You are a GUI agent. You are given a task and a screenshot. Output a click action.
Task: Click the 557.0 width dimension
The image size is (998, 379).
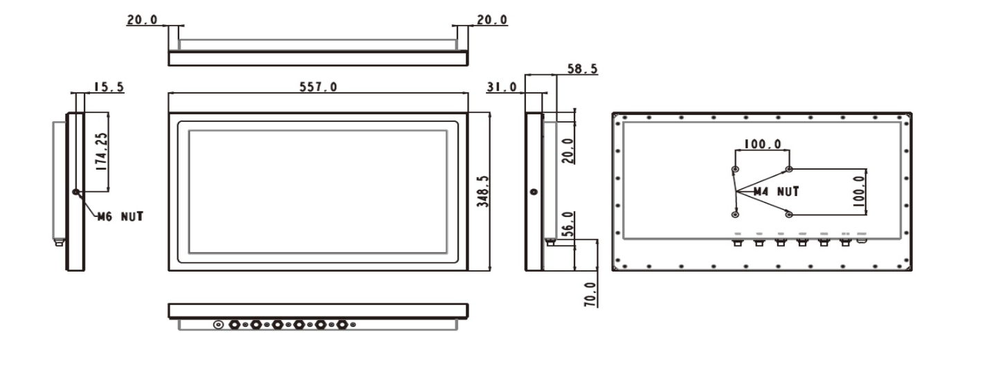tap(318, 87)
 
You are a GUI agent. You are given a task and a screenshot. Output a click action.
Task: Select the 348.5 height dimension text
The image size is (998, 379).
tap(484, 191)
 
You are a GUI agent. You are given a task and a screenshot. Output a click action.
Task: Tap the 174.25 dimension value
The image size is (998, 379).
tap(100, 153)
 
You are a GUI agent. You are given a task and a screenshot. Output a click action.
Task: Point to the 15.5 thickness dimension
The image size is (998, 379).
tap(109, 87)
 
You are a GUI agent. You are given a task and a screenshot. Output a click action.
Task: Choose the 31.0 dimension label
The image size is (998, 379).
tap(502, 87)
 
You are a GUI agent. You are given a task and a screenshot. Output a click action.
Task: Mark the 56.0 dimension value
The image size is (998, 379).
tap(566, 224)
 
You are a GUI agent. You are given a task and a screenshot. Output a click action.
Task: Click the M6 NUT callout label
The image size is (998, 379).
tap(120, 216)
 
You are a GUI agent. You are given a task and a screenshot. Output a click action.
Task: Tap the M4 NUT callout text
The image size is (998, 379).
tap(776, 191)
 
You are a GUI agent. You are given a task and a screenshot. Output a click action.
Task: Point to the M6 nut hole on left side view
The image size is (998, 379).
tap(75, 191)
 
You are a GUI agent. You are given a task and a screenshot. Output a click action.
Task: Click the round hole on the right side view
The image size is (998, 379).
tap(534, 192)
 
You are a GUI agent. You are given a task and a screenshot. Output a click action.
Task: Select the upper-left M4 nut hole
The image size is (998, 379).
tap(735, 169)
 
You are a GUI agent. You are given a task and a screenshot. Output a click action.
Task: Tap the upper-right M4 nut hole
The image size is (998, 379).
tap(789, 169)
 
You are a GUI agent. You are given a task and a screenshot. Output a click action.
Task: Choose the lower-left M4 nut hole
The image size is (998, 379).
tap(735, 213)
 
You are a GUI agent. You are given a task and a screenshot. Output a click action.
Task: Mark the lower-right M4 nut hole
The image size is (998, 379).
tap(789, 213)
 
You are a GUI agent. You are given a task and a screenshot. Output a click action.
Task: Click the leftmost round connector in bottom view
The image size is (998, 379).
tap(219, 324)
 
